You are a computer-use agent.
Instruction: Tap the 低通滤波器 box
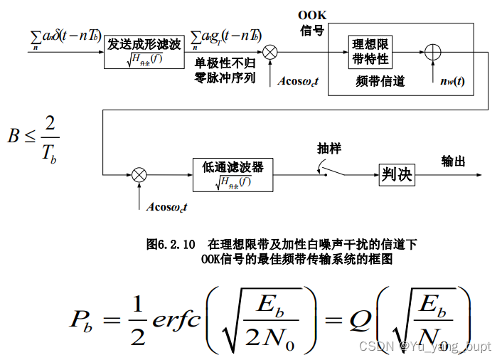(x=233, y=174)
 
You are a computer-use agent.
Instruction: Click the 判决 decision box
(x=396, y=174)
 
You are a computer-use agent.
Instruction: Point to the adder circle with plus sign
(x=432, y=52)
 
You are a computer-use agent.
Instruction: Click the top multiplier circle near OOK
(x=270, y=51)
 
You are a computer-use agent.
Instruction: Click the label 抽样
(x=329, y=149)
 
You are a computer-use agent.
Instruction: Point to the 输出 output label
(x=454, y=161)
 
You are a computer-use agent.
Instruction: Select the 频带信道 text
(x=380, y=81)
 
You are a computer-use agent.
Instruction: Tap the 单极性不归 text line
(x=225, y=63)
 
